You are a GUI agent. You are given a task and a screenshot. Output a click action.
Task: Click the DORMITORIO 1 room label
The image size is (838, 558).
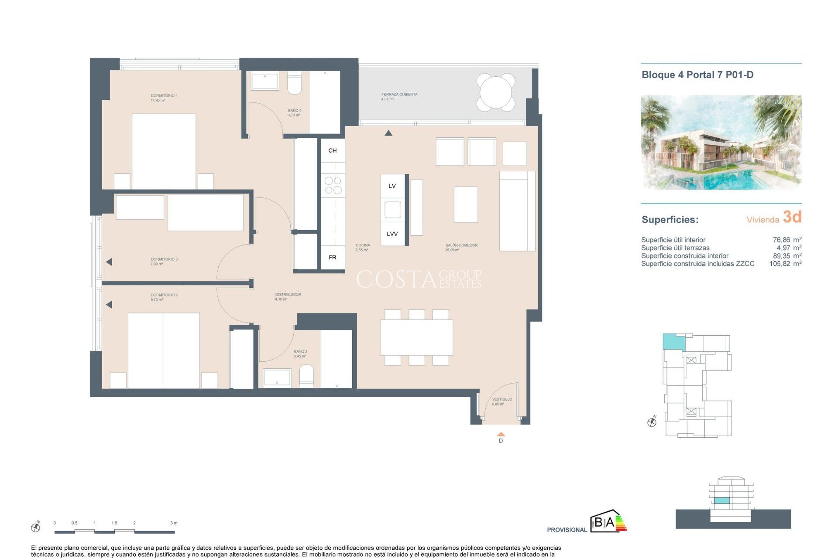click(164, 95)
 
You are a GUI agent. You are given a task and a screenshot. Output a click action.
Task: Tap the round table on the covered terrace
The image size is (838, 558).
click(496, 92)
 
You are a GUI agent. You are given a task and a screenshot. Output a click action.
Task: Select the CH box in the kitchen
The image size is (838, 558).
click(333, 150)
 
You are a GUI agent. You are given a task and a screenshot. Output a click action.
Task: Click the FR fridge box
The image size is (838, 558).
click(333, 258)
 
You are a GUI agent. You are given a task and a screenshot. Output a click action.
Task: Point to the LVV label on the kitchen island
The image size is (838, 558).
click(392, 234)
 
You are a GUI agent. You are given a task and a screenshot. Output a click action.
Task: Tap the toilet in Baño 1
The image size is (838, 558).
click(295, 84)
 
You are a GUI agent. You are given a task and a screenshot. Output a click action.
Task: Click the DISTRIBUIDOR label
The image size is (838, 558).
click(288, 294)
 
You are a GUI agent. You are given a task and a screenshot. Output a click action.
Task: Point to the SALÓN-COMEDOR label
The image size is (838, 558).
click(461, 245)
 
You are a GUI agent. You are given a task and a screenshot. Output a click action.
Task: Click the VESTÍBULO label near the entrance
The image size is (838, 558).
click(502, 399)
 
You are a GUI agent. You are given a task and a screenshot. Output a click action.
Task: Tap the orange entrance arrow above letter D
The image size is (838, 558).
click(501, 434)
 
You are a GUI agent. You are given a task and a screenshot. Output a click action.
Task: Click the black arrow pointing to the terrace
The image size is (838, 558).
click(388, 133)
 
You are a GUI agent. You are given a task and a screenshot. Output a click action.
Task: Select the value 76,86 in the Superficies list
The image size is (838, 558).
click(781, 240)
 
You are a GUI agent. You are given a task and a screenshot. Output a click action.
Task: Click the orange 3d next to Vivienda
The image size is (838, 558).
click(792, 217)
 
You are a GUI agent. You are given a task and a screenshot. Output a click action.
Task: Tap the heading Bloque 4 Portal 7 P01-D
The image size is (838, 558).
click(697, 75)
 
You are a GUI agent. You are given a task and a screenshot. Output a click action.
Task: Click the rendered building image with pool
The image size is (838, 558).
click(721, 142)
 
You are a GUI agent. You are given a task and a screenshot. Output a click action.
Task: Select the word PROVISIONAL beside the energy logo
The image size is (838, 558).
click(567, 530)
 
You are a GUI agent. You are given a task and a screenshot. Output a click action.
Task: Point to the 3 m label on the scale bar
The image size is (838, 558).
click(174, 523)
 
